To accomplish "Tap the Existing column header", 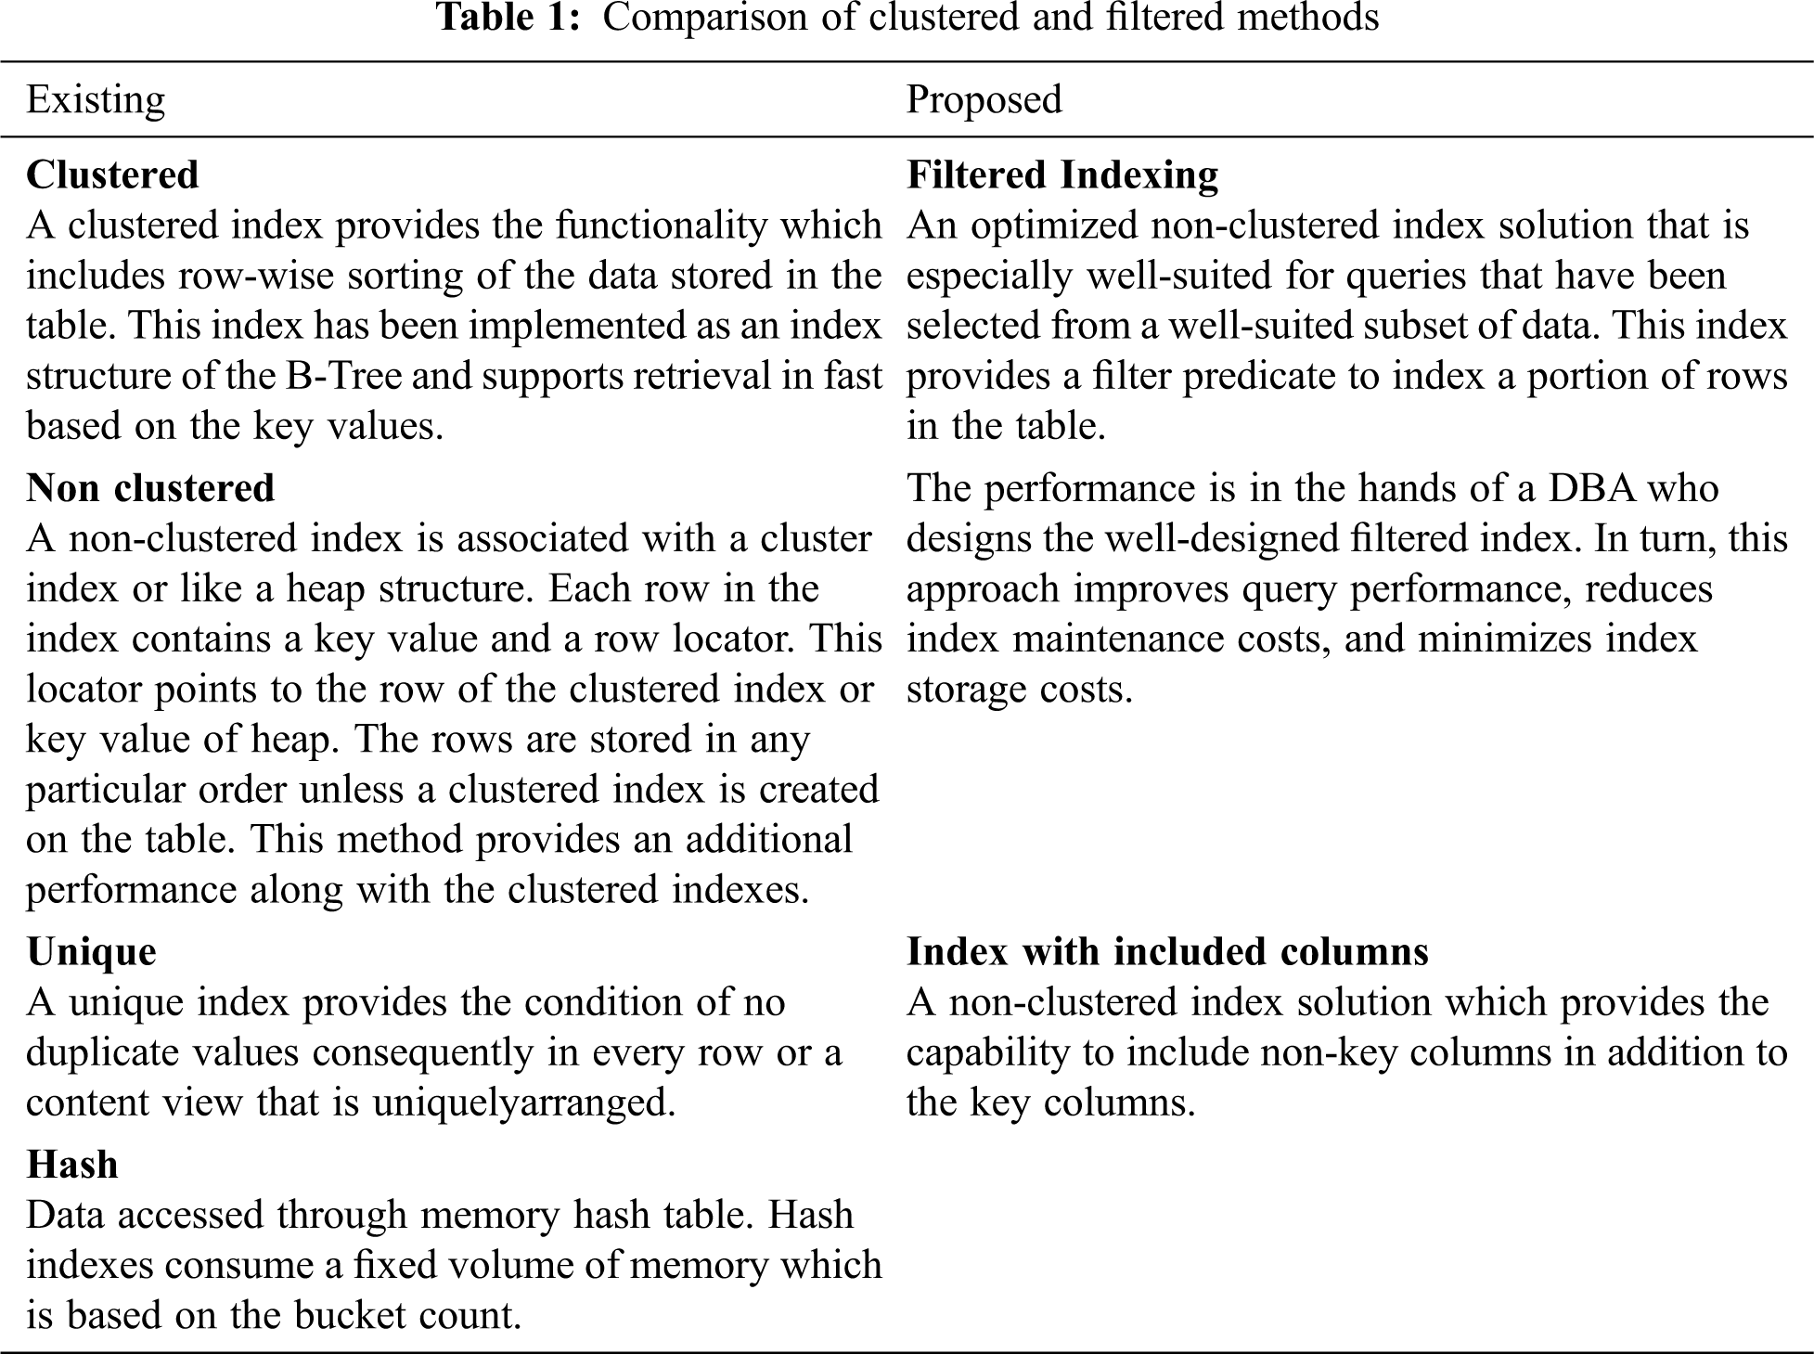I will (96, 99).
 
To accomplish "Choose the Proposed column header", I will (984, 99).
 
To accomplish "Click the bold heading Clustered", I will (112, 175).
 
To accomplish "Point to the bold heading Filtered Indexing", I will (1062, 175).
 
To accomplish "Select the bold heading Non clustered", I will (150, 488).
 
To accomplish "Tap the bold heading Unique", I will (91, 952).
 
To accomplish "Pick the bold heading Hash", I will (72, 1165).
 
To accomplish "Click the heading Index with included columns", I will (1167, 952).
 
